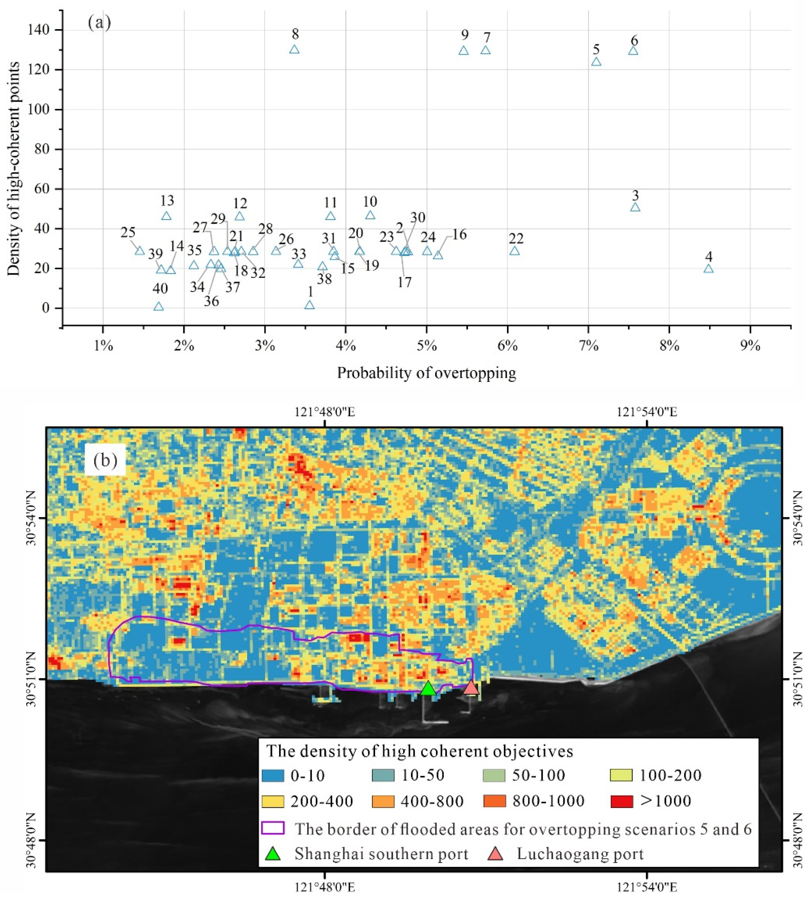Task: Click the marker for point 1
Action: click(309, 305)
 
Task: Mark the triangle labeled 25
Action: click(139, 251)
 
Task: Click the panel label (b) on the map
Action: click(105, 460)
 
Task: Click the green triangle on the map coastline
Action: click(427, 689)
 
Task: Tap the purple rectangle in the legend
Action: click(273, 828)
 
